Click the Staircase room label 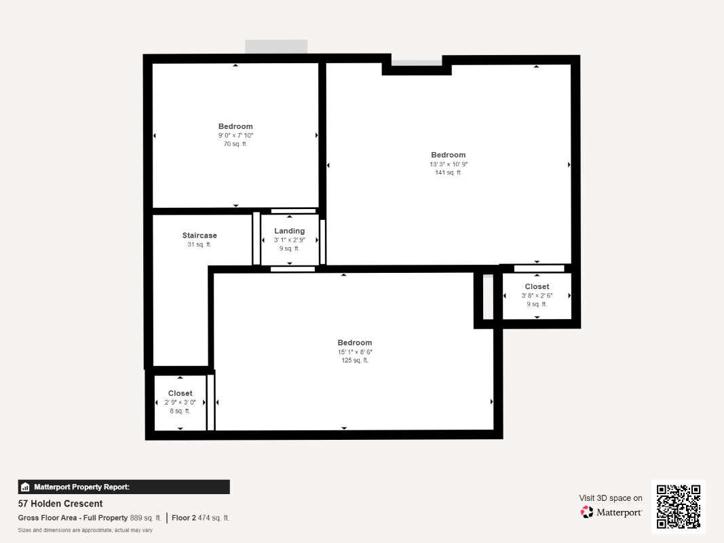click(x=199, y=236)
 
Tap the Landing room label click(x=290, y=231)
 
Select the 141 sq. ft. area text click(x=448, y=172)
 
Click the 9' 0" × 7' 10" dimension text click(x=235, y=135)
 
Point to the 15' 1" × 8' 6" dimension click(x=355, y=352)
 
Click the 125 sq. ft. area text click(x=355, y=360)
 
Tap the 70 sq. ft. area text click(x=235, y=144)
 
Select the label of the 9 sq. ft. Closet click(x=537, y=286)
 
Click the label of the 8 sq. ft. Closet click(x=180, y=393)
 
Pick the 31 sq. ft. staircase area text click(x=199, y=244)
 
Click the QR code click(x=679, y=506)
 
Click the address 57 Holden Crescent click(x=60, y=504)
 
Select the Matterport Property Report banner click(x=123, y=487)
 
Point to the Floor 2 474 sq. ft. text click(x=200, y=518)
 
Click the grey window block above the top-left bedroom click(x=276, y=47)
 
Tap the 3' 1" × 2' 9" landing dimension click(x=290, y=240)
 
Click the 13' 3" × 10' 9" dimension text click(x=448, y=164)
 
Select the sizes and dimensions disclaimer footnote click(x=85, y=530)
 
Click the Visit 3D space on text click(x=610, y=498)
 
